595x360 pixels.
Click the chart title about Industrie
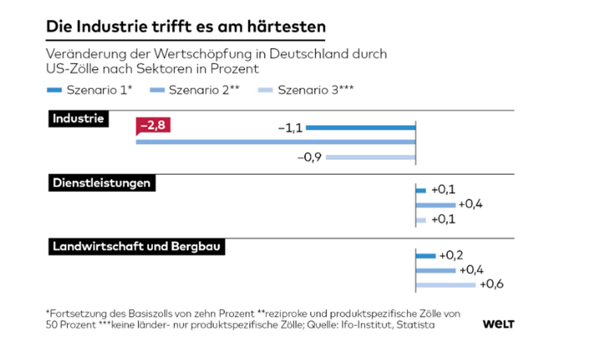click(186, 27)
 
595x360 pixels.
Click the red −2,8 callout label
click(153, 127)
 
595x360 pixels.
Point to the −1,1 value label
click(291, 128)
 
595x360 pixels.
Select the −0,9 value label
click(310, 157)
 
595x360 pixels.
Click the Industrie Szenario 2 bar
click(275, 143)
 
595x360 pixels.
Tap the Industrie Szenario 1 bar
click(361, 128)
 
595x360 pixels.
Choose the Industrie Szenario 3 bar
click(371, 157)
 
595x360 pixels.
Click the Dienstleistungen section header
click(101, 183)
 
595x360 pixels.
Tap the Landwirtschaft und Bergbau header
click(137, 246)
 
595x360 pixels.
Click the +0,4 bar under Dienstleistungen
click(435, 205)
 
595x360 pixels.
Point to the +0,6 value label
click(492, 284)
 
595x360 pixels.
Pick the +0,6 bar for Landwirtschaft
click(445, 284)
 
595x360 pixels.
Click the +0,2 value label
click(451, 256)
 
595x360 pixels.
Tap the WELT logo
click(499, 324)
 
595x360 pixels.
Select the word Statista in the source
click(416, 325)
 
